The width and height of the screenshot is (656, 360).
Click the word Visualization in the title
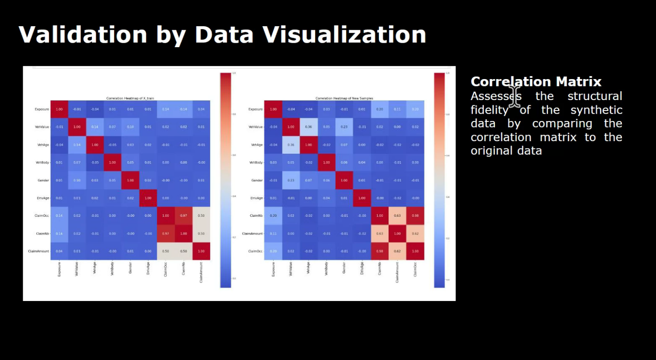pyautogui.click(x=344, y=35)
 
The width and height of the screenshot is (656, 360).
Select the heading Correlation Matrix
pyautogui.click(x=536, y=82)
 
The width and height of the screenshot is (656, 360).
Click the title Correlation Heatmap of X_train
pyautogui.click(x=130, y=98)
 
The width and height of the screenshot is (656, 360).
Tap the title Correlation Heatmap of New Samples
pyautogui.click(x=344, y=98)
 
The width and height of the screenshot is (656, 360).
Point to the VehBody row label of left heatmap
pyautogui.click(x=42, y=163)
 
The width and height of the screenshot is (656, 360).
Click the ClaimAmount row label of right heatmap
pyautogui.click(x=252, y=234)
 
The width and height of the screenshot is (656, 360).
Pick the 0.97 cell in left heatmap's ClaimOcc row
pyautogui.click(x=184, y=216)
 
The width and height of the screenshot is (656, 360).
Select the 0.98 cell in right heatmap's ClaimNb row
pyautogui.click(x=415, y=216)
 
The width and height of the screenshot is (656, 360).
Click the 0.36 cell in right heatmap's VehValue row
pyautogui.click(x=309, y=127)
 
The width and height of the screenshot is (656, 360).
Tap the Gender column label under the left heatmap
pyautogui.click(x=130, y=268)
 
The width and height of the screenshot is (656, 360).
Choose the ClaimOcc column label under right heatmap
pyautogui.click(x=415, y=269)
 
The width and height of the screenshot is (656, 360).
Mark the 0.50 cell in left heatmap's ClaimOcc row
pyautogui.click(x=201, y=216)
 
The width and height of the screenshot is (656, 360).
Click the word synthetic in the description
pyautogui.click(x=596, y=110)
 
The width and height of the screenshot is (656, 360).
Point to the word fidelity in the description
pyautogui.click(x=489, y=110)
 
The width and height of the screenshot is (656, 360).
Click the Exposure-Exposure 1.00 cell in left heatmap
pyautogui.click(x=59, y=109)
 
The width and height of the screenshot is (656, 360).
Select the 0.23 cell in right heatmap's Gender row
pyautogui.click(x=291, y=180)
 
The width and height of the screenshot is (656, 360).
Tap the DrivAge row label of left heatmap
pyautogui.click(x=43, y=198)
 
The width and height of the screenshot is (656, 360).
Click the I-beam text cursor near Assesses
pyautogui.click(x=515, y=96)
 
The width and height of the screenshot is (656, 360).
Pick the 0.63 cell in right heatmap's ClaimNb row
pyautogui.click(x=397, y=216)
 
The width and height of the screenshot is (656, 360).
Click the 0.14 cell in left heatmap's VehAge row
pyautogui.click(x=77, y=145)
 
